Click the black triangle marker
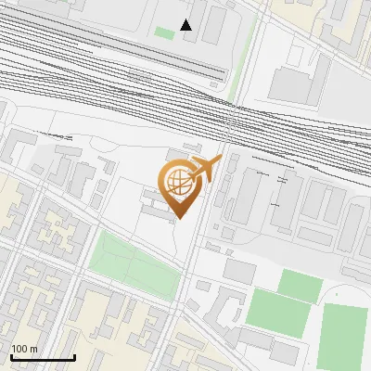(x=186, y=24)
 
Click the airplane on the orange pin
(x=205, y=168)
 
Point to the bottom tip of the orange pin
(x=178, y=218)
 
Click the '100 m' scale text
(x=24, y=349)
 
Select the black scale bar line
(x=43, y=357)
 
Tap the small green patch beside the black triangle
(x=164, y=33)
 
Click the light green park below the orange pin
(x=134, y=263)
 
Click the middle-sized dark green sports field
(x=277, y=313)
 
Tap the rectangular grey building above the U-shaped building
(x=239, y=271)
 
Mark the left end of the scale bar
(x=11, y=357)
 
